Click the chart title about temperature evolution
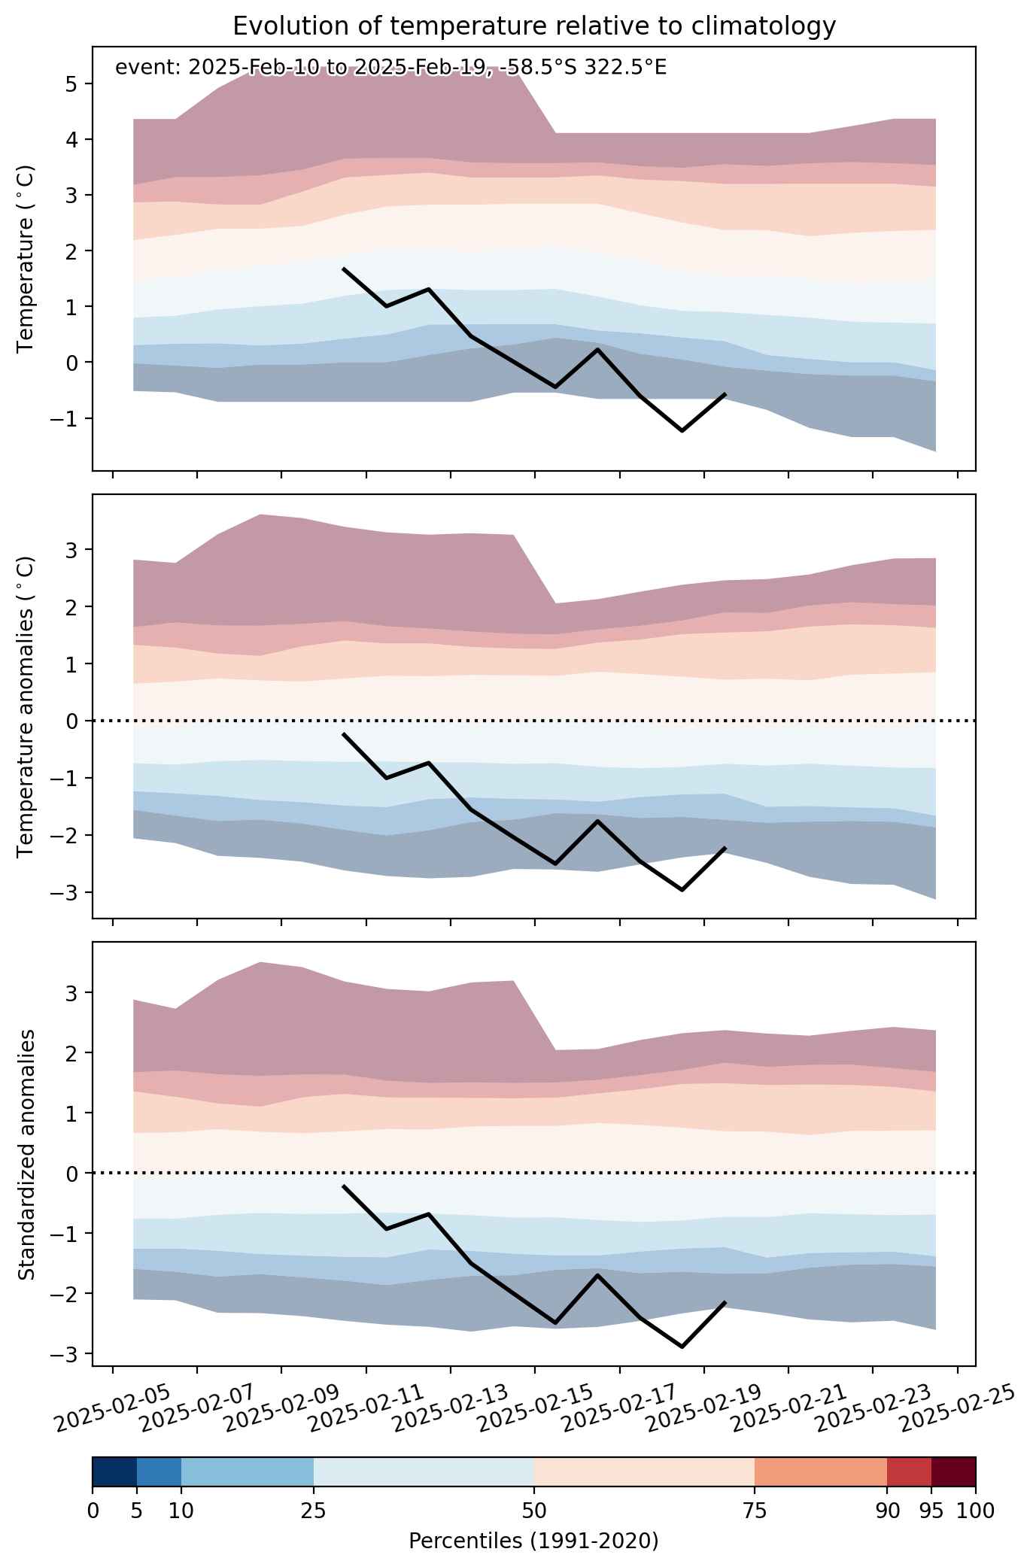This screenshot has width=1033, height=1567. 534,26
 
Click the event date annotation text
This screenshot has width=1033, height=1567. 390,68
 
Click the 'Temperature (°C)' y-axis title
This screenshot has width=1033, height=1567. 26,259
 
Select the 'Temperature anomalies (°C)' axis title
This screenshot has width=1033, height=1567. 26,706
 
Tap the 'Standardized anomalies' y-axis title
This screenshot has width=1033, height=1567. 26,1154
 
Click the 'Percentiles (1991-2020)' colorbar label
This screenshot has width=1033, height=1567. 533,1541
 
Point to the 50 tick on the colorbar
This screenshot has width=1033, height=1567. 534,1510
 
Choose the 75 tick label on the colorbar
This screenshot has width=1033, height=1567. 755,1510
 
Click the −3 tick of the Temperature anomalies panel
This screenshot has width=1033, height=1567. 66,892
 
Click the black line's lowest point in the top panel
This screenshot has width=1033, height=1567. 682,431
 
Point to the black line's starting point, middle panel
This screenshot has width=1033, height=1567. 343,733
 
